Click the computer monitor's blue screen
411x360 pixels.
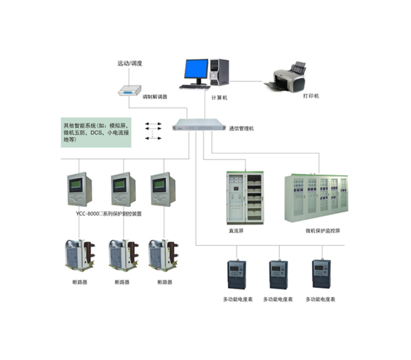tap(197, 69)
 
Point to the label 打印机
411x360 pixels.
tap(311, 96)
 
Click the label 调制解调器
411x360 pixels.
tap(155, 96)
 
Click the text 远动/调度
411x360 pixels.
tap(129, 64)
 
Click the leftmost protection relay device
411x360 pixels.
tap(79, 189)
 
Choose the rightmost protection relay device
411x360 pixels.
tap(163, 189)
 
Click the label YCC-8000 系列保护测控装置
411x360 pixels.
tap(108, 213)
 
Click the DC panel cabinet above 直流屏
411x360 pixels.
tap(244, 197)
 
